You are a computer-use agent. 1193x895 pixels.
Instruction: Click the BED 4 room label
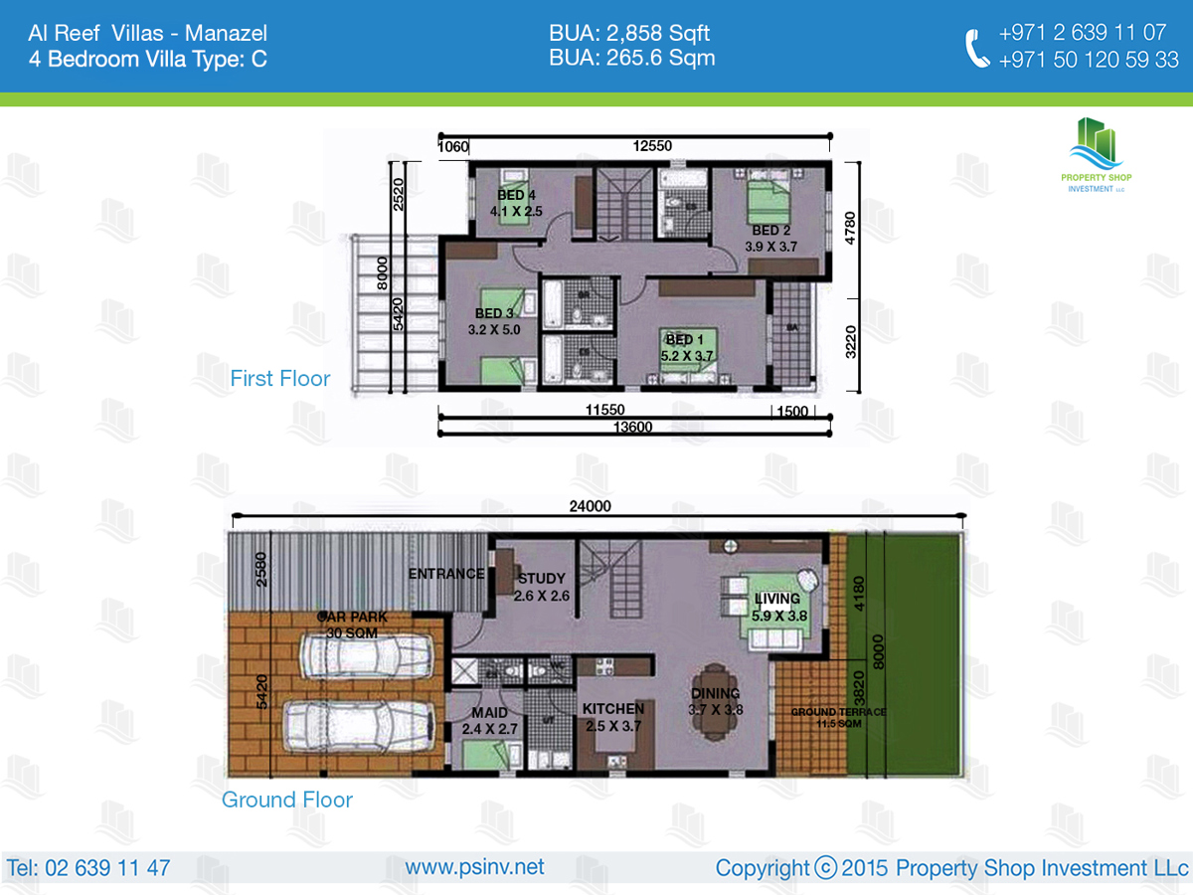click(516, 195)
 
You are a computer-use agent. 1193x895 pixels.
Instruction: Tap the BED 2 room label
click(770, 231)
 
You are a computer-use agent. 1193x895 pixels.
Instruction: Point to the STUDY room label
click(541, 578)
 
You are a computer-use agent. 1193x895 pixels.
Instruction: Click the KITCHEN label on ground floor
click(613, 709)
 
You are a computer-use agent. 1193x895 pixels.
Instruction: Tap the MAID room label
click(490, 713)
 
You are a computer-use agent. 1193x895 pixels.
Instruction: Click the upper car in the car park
click(366, 657)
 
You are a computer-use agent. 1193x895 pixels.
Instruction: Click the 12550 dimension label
click(652, 146)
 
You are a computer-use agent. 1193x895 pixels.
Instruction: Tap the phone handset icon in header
click(977, 48)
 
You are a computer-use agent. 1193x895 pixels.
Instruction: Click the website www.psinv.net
click(474, 867)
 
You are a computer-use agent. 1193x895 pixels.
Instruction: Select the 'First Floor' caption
click(279, 378)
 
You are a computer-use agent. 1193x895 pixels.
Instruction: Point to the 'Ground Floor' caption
click(286, 800)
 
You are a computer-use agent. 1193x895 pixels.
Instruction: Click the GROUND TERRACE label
click(837, 713)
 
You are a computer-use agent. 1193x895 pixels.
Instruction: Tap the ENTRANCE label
click(446, 574)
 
